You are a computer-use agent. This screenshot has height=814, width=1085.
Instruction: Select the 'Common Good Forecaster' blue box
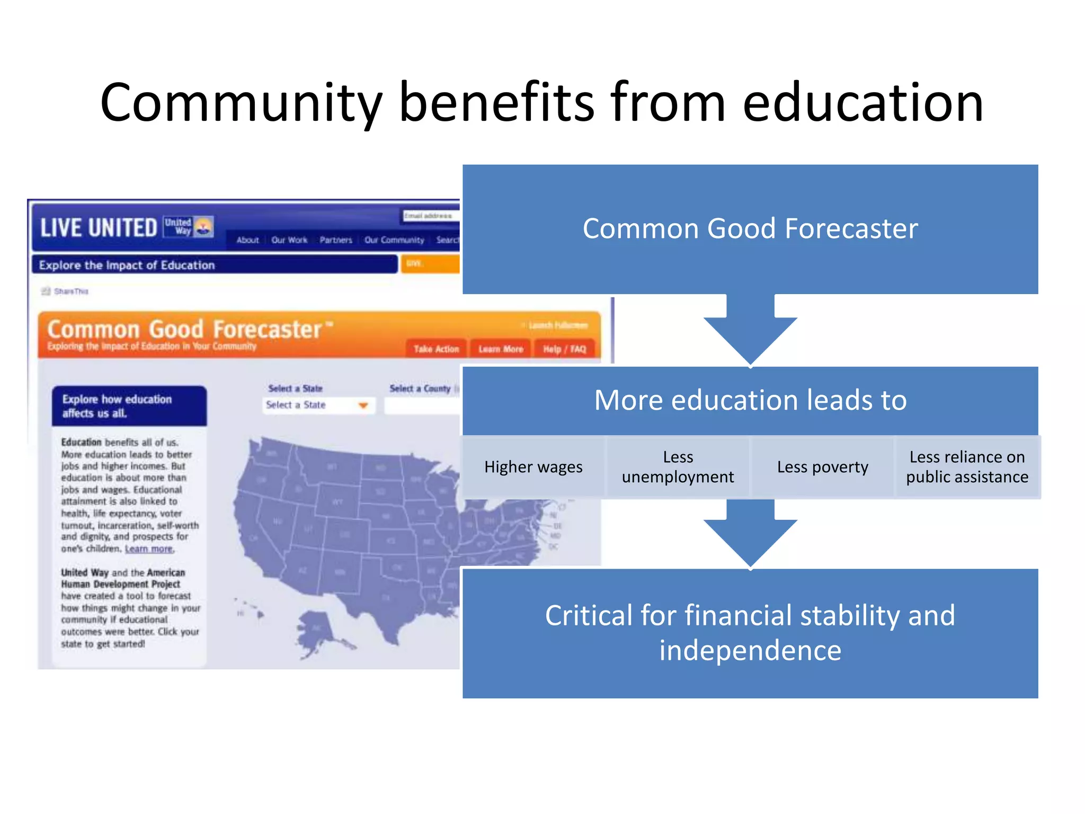[x=750, y=229]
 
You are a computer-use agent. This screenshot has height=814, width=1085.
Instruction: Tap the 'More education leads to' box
[x=750, y=400]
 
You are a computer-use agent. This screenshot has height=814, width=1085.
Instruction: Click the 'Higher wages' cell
[x=533, y=467]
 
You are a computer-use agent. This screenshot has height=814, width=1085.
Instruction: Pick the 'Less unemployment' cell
[x=678, y=467]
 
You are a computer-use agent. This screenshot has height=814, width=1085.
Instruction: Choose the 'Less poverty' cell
[x=822, y=467]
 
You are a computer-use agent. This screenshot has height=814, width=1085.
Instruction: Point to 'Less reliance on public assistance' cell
[x=967, y=467]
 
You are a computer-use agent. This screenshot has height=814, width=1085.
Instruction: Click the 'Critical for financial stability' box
[x=750, y=633]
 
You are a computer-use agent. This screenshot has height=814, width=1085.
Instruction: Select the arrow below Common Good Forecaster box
[x=750, y=331]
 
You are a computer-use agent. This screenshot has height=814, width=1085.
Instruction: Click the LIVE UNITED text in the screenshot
[x=99, y=228]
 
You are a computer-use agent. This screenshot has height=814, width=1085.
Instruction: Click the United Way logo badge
[x=189, y=226]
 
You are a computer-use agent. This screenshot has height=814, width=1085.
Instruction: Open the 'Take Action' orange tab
[x=436, y=349]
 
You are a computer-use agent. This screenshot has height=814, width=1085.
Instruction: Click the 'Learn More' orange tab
[x=501, y=349]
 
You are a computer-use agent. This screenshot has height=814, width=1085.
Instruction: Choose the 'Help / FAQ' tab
[x=564, y=349]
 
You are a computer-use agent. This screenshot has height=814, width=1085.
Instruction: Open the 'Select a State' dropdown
[x=318, y=405]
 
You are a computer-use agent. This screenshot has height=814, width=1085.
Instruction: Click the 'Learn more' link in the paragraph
[x=149, y=549]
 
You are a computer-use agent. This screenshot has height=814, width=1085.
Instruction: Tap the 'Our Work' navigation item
[x=289, y=240]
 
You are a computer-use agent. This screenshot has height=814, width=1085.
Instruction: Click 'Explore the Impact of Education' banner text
[x=127, y=265]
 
